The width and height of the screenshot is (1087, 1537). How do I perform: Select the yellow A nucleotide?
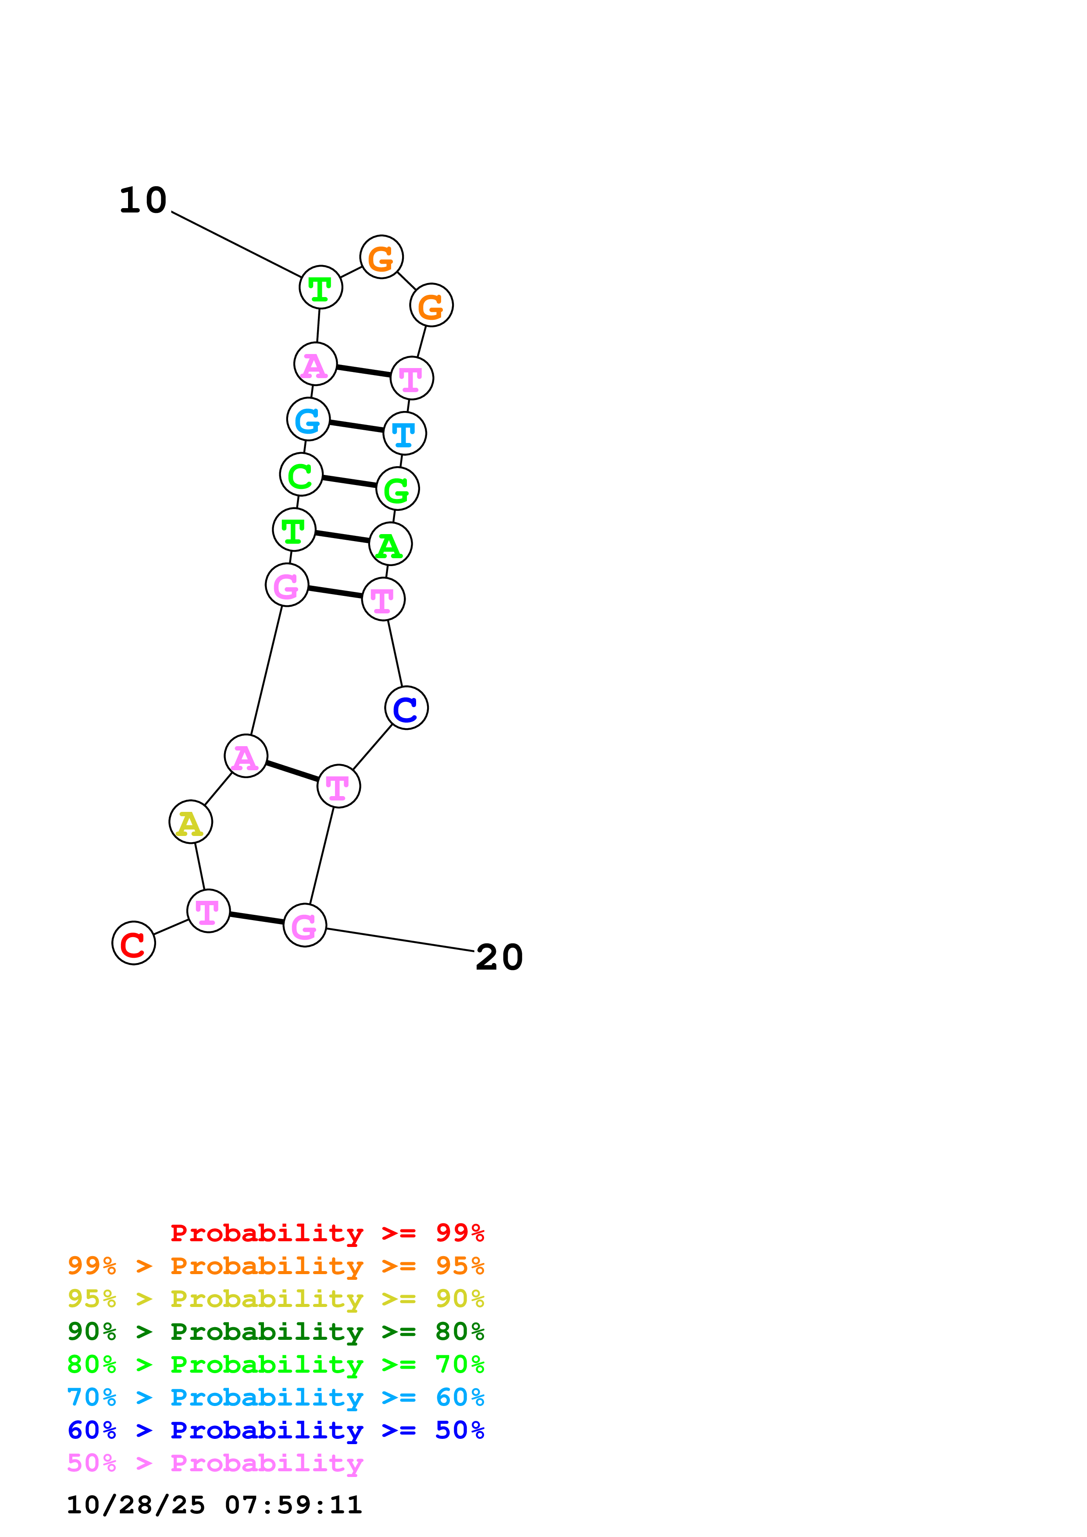click(x=190, y=822)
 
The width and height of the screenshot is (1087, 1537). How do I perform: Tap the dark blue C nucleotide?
click(x=406, y=708)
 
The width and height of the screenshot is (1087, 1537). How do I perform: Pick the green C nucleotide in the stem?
click(x=301, y=475)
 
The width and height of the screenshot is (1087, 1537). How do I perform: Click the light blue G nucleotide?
click(x=308, y=420)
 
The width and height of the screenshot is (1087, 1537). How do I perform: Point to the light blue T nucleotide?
click(x=405, y=433)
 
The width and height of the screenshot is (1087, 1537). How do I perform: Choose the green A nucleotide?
click(x=390, y=544)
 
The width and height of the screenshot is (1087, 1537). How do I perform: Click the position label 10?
click(x=143, y=200)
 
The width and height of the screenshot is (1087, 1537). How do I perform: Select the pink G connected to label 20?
click(x=305, y=925)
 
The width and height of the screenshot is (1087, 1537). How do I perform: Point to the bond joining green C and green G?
click(x=349, y=482)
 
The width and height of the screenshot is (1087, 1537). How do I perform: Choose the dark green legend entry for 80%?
click(x=276, y=1332)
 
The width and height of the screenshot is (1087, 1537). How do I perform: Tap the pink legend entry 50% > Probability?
click(x=215, y=1463)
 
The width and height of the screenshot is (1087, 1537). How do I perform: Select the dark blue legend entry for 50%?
click(x=276, y=1430)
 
